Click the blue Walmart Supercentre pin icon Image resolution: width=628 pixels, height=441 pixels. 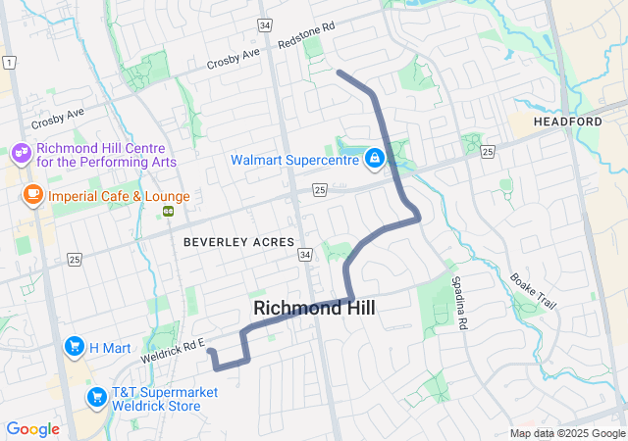pos(375,159)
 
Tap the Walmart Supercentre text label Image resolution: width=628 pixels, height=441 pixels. pos(296,160)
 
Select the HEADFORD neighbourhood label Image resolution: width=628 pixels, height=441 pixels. pos(568,121)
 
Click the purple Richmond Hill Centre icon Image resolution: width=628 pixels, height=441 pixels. pos(21,154)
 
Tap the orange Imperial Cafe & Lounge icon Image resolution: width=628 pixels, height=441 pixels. pos(31,195)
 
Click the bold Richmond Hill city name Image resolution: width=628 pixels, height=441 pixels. pos(314,308)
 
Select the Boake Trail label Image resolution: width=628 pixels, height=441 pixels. pos(533,291)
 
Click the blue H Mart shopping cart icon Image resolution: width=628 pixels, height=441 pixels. pos(74,346)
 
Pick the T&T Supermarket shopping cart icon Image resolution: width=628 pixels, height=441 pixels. pos(96,397)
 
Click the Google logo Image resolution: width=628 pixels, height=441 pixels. pos(32,429)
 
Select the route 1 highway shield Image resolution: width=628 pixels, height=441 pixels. pos(10,63)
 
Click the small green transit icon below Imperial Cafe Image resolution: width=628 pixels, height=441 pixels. pos(168,211)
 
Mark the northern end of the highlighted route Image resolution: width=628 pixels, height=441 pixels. pos(339,72)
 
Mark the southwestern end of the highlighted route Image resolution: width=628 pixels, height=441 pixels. pos(211,350)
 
